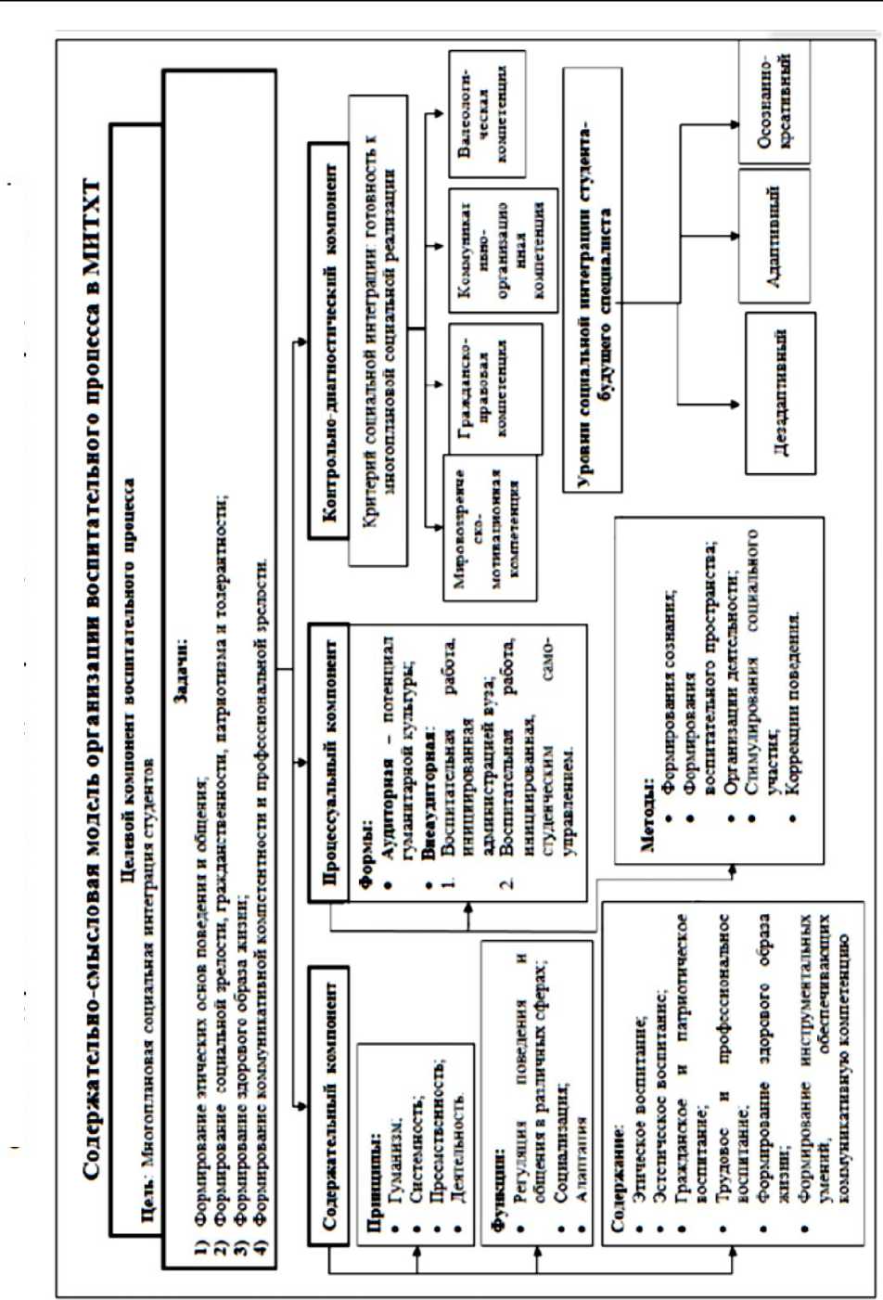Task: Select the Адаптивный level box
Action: click(x=774, y=236)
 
